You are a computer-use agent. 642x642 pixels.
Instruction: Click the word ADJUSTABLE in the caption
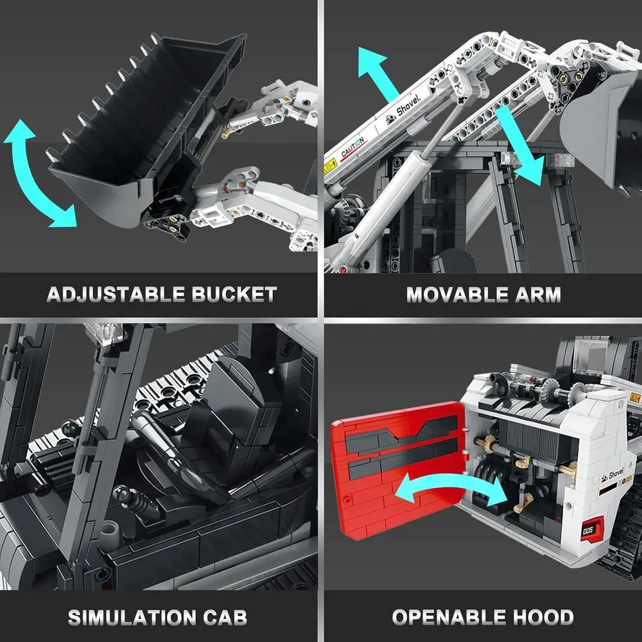point(115,295)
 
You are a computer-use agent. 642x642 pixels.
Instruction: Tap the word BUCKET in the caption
point(234,295)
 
